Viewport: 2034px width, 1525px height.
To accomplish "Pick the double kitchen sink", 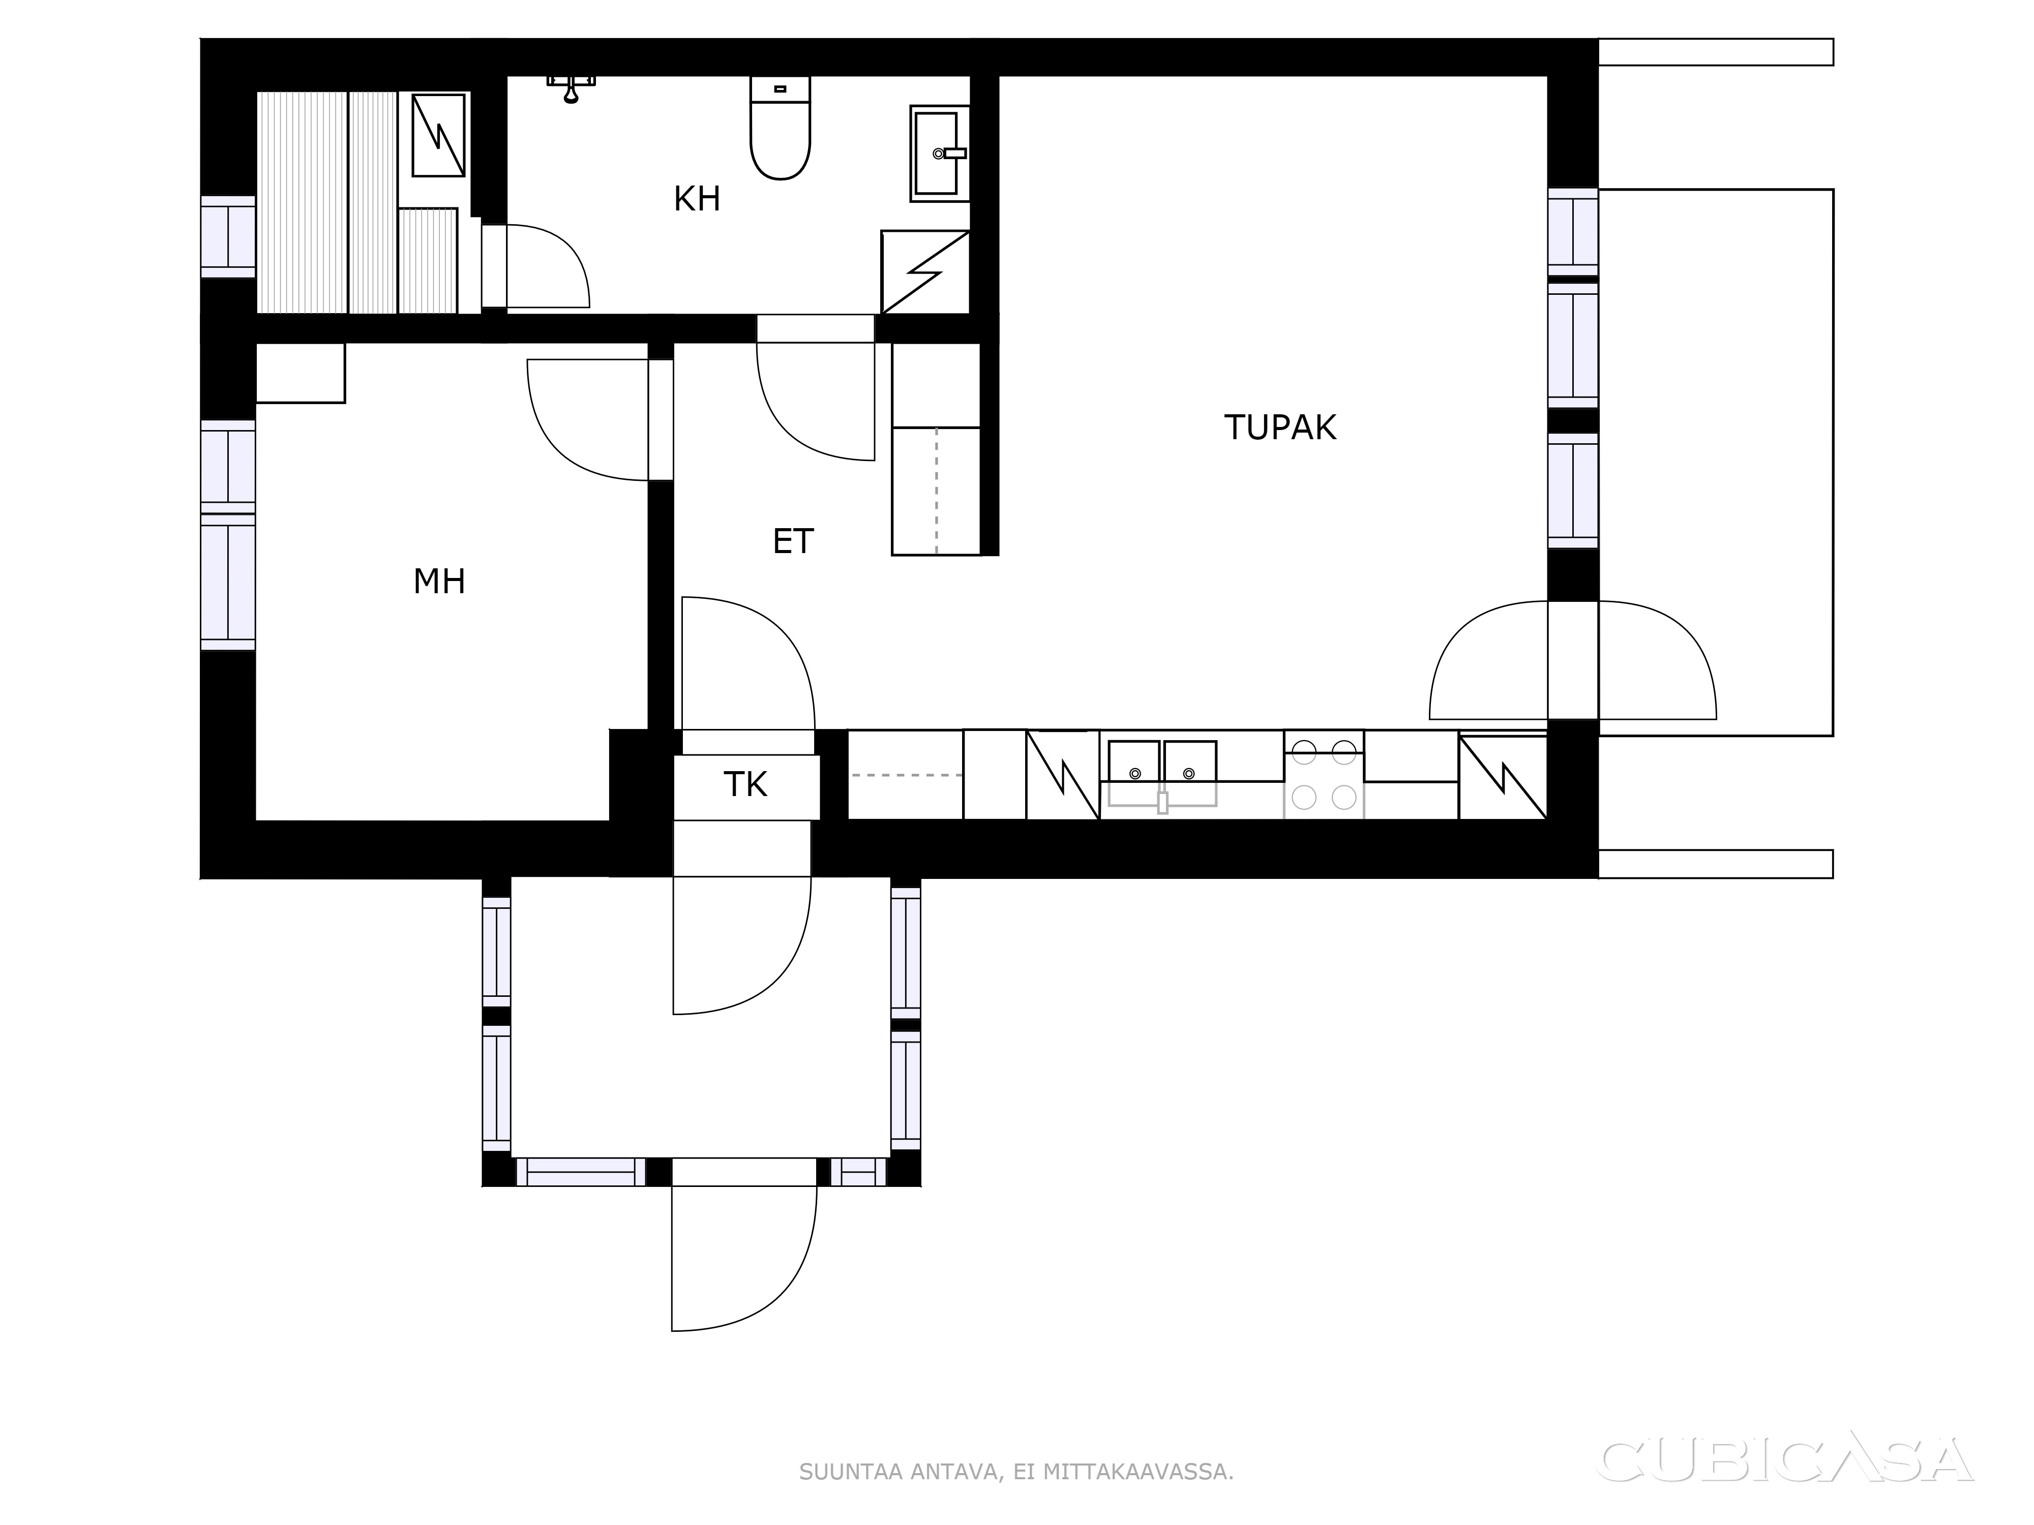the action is point(1161,772).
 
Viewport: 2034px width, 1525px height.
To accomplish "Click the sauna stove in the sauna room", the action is point(438,135).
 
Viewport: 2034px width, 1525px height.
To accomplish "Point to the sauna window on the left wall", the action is point(228,236).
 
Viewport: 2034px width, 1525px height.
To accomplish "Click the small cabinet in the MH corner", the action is point(300,373).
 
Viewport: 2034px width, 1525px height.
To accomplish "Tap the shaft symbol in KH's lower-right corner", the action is point(925,272).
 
